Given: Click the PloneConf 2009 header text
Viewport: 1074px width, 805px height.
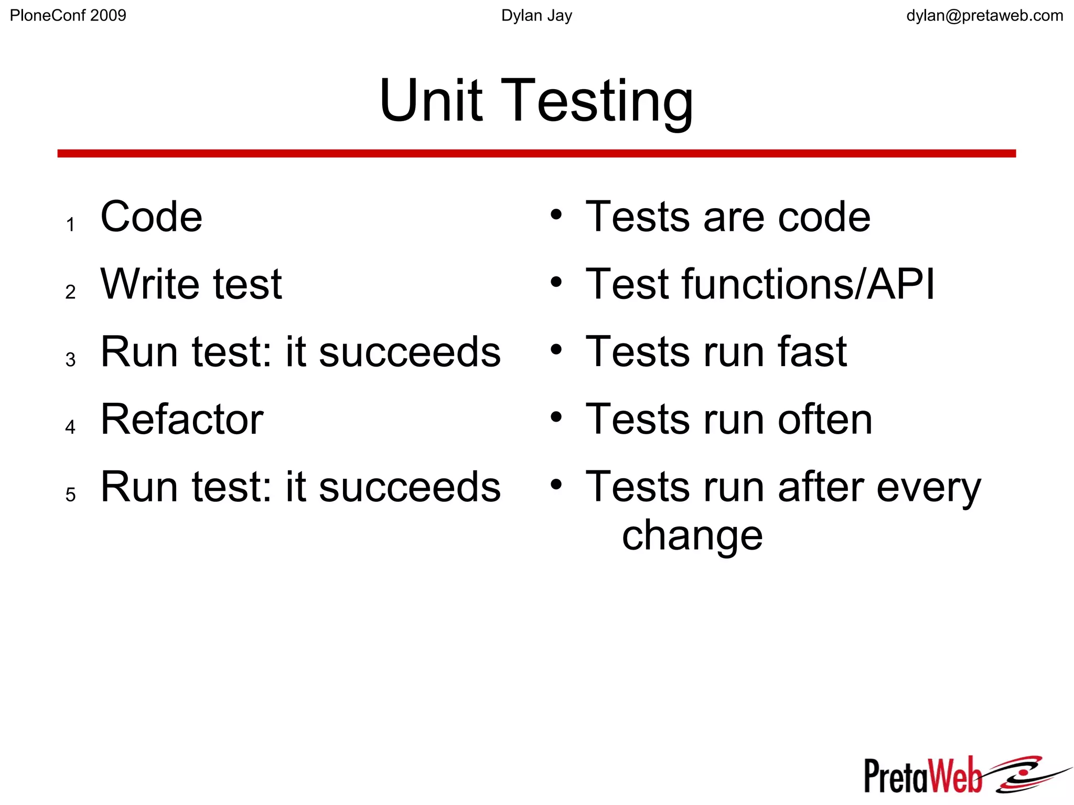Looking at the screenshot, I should pos(68,16).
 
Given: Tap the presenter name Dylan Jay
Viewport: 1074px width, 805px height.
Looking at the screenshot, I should pos(536,16).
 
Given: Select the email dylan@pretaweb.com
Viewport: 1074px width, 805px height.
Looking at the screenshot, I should pos(984,16).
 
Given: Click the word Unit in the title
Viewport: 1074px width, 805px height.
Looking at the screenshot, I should pos(431,100).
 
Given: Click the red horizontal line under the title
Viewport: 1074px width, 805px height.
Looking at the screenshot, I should pos(536,153).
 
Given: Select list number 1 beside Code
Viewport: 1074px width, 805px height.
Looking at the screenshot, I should pos(70,225).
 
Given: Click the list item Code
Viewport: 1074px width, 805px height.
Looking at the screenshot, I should pos(151,217).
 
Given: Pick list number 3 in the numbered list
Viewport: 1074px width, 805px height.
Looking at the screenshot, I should pos(70,360).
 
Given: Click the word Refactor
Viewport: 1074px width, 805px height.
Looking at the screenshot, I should pos(182,419).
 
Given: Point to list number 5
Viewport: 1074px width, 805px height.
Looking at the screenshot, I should pos(70,495).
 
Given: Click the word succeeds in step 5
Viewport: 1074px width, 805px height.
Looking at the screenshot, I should pos(410,487).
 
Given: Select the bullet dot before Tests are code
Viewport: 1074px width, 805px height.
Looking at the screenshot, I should pos(556,215).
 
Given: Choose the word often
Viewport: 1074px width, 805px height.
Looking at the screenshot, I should pos(825,419).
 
